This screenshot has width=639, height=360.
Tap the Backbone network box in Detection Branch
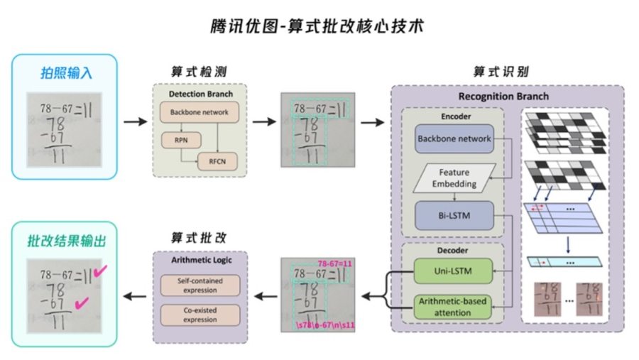(x=199, y=111)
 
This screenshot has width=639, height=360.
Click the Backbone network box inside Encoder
(x=454, y=138)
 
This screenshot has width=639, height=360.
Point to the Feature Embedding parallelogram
(x=454, y=177)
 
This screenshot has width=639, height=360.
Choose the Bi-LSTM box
(x=454, y=215)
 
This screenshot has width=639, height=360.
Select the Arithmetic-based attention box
(x=454, y=307)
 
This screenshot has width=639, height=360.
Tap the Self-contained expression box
(x=201, y=285)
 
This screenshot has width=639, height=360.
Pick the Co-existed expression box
(x=201, y=315)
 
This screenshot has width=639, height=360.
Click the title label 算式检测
(x=200, y=72)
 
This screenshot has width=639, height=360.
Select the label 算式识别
(x=506, y=72)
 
